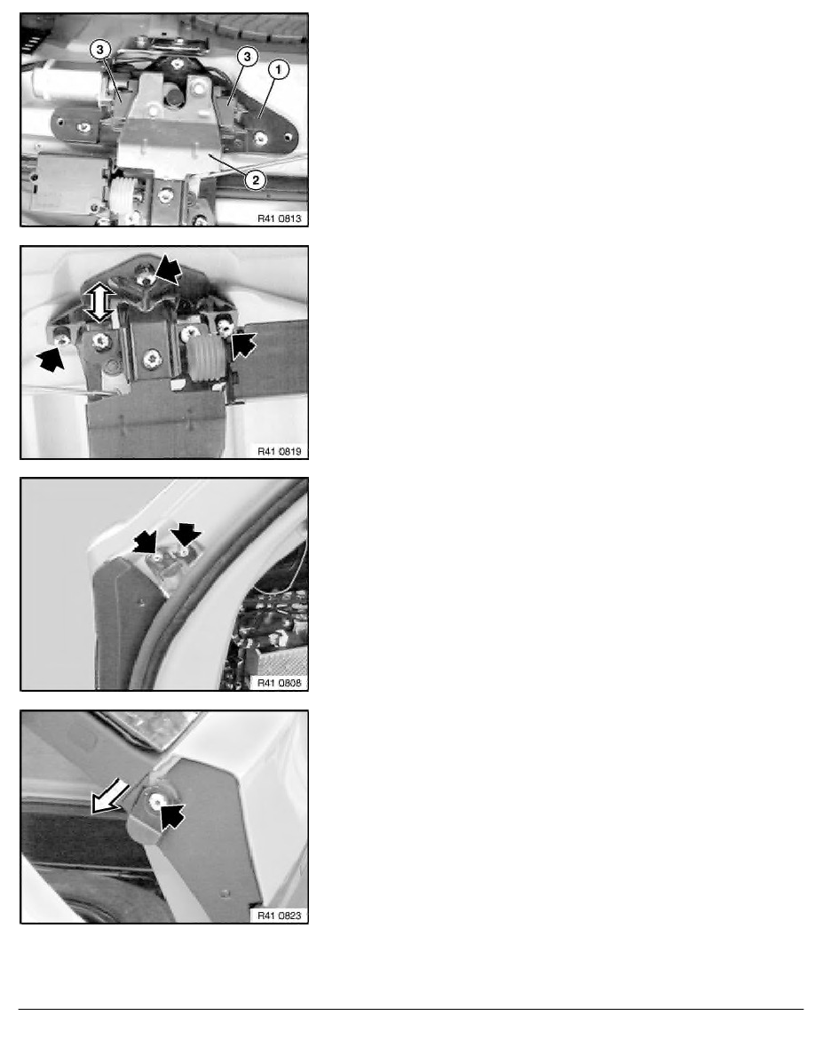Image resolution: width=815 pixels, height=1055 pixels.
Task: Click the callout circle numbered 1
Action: click(x=279, y=69)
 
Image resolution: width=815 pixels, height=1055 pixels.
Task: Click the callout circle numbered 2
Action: click(x=255, y=179)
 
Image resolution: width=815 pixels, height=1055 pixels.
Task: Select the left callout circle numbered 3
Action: click(x=100, y=49)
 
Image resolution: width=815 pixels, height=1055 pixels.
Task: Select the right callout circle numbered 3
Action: click(x=247, y=57)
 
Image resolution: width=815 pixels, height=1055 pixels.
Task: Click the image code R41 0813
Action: click(x=279, y=218)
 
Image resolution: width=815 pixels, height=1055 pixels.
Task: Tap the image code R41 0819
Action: click(x=279, y=451)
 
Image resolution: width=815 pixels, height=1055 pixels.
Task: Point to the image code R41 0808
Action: click(x=279, y=683)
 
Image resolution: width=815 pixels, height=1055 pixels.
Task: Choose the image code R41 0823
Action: click(x=279, y=916)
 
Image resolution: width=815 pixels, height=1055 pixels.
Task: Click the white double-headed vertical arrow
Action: click(x=99, y=301)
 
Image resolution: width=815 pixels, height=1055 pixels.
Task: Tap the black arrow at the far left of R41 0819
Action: click(x=51, y=357)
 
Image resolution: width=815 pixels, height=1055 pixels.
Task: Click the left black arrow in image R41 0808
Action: click(x=146, y=540)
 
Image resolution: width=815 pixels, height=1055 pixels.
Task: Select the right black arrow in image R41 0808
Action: click(x=185, y=535)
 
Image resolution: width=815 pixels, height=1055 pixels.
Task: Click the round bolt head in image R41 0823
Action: click(x=155, y=801)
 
